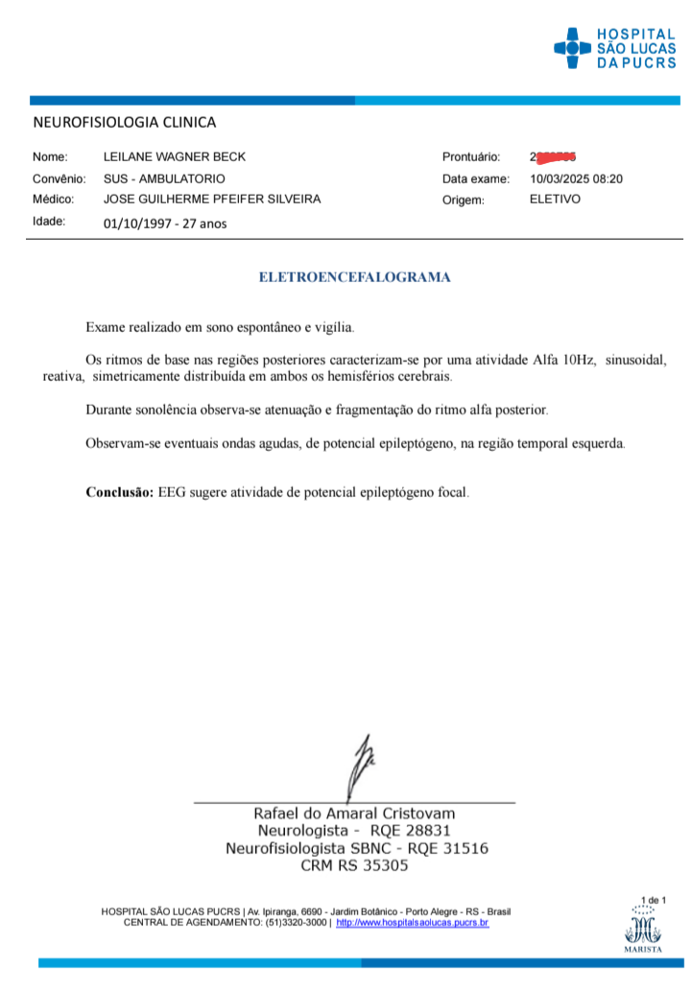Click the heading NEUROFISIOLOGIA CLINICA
(125, 122)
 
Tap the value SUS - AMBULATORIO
(164, 178)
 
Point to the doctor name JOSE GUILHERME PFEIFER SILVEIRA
(212, 200)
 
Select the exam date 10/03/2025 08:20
(577, 178)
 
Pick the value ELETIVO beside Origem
(555, 200)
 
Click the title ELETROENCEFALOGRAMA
(355, 277)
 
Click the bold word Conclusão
(119, 492)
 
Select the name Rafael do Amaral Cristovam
(354, 813)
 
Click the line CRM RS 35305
(355, 865)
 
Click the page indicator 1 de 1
(653, 900)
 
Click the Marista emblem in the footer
(642, 931)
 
